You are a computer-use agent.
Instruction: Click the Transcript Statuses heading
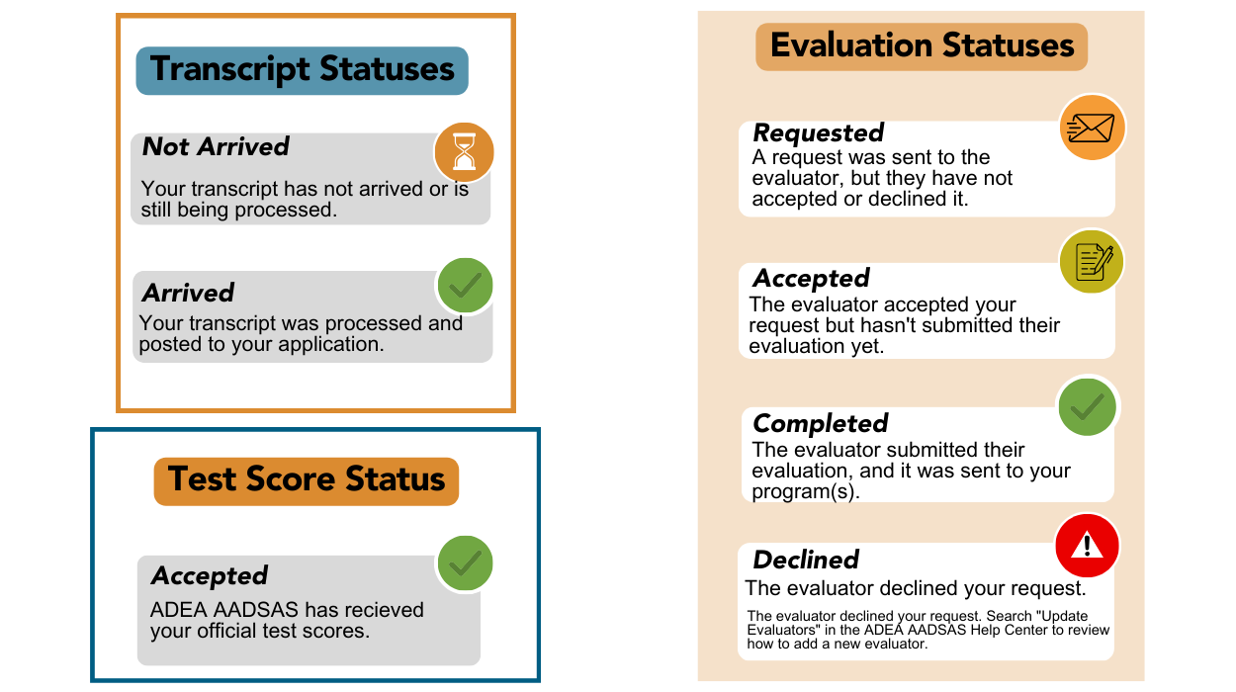302,70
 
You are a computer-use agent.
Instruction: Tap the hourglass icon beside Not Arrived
464,152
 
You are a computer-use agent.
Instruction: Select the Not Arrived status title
216,147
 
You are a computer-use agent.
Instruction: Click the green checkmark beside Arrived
465,286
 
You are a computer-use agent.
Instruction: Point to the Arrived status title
188,293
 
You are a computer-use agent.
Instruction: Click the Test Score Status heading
307,479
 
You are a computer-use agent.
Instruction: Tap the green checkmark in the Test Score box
465,563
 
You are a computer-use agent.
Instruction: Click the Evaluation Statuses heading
922,46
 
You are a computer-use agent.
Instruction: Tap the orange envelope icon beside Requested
1092,128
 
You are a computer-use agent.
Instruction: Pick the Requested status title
818,133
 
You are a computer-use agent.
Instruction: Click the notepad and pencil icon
1091,262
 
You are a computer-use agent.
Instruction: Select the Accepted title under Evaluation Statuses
811,279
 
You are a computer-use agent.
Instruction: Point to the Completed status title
820,424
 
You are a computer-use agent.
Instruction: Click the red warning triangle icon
1087,545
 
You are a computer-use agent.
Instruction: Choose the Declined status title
806,561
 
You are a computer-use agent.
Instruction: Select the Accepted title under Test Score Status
209,576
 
